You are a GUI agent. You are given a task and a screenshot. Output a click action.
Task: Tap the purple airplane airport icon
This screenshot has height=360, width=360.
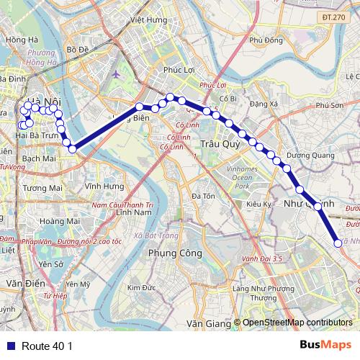coord(116,74)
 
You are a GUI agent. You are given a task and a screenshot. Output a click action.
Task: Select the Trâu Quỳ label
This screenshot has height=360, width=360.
coord(216,143)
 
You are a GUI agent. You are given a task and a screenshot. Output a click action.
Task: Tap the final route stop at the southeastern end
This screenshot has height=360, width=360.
coord(338,243)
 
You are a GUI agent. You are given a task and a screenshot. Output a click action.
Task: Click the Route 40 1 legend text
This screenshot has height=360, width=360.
coord(48,346)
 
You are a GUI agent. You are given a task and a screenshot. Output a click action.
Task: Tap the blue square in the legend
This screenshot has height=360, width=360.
coord(11,346)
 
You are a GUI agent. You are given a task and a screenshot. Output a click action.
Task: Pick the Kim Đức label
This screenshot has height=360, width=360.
coord(142,287)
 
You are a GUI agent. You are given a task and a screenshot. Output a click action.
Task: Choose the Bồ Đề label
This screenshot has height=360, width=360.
coord(77,49)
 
